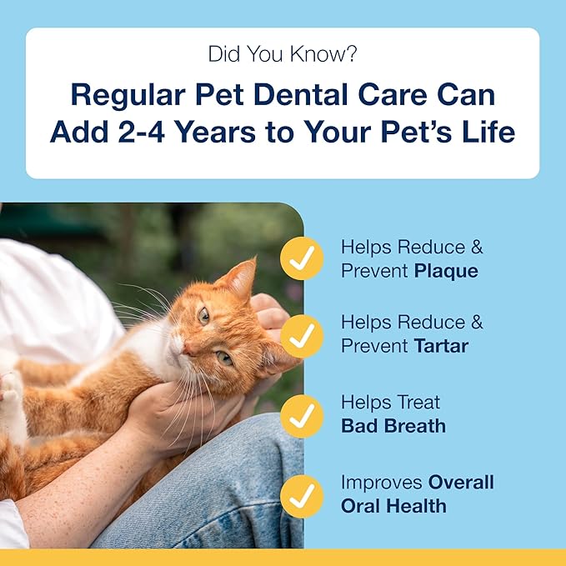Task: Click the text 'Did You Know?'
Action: coord(283,56)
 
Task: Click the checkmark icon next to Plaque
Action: coord(301,258)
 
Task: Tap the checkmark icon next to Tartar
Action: coord(301,336)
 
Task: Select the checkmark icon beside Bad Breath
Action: coord(301,414)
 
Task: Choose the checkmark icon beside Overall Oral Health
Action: coord(301,494)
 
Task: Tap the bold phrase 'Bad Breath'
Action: coord(393,426)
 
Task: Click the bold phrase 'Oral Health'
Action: coord(393,506)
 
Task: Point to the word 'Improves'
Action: coord(382,483)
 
